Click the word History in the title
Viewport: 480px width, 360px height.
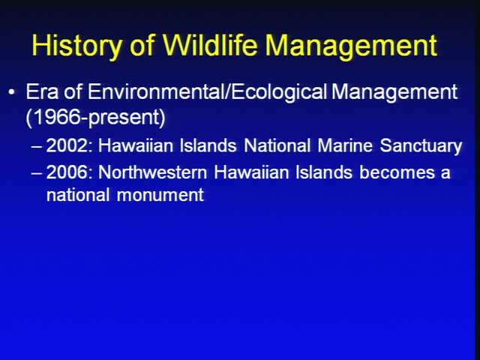point(76,45)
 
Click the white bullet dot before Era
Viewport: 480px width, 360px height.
point(12,91)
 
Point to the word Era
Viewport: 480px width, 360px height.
point(42,91)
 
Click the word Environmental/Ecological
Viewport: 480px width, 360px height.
point(208,92)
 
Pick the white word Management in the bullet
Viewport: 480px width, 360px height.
point(394,92)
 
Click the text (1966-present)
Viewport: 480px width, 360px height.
point(95,117)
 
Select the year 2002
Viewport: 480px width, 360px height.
point(69,145)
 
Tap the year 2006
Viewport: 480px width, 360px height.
point(69,172)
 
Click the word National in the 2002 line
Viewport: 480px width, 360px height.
point(277,145)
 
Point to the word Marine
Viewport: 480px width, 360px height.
point(345,145)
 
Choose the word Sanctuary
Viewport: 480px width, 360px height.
point(421,147)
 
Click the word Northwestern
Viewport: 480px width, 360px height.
point(153,172)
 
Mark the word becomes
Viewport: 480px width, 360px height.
point(397,172)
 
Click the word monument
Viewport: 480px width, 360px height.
point(160,195)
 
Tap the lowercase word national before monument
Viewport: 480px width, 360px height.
point(78,195)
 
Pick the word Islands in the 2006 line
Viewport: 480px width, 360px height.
point(324,172)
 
